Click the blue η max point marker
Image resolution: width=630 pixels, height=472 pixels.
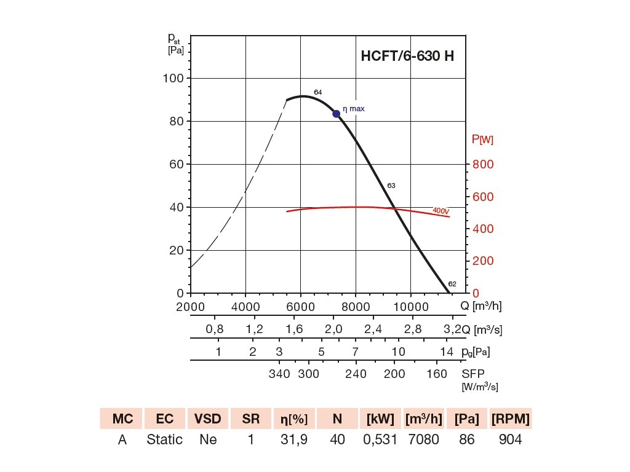coord(337,114)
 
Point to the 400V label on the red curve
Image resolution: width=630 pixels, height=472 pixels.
coord(441,211)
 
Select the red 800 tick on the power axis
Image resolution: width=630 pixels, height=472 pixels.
coord(483,165)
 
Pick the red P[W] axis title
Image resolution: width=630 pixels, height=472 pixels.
coord(482,140)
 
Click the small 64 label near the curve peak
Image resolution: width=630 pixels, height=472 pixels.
coord(318,92)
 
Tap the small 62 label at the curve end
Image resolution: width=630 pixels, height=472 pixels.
coord(452,284)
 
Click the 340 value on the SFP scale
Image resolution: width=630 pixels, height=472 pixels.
coord(280,374)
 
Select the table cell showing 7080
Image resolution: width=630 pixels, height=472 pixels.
coord(424,440)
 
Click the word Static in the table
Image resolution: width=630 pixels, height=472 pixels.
coord(164,440)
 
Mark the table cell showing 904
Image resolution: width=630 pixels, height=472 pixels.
coord(511,440)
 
